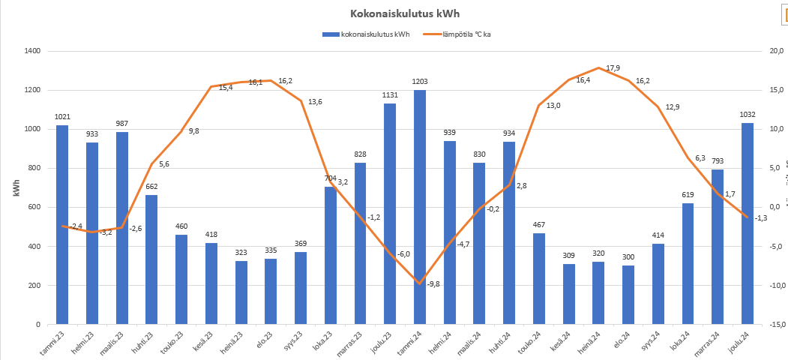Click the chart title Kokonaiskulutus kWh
[394, 14]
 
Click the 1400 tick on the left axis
[31, 51]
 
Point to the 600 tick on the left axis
[34, 208]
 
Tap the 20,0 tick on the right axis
[777, 51]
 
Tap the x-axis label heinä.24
[592, 342]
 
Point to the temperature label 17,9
[613, 68]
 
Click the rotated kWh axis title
[16, 188]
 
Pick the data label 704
[331, 178]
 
